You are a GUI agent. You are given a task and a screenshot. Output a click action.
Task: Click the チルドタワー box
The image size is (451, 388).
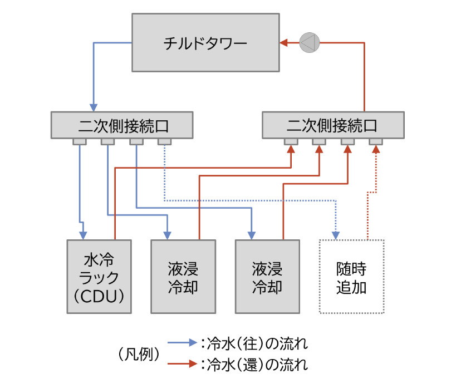[x=205, y=43]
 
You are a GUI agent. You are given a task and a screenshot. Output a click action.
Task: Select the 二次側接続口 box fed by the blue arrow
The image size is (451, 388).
[x=122, y=125]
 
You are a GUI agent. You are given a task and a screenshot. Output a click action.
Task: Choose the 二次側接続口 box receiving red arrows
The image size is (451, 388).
[x=333, y=125]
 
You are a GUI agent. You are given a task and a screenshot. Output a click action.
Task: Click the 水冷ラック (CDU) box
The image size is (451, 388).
[x=99, y=277]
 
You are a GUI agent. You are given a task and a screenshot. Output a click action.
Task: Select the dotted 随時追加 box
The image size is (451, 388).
[x=352, y=277]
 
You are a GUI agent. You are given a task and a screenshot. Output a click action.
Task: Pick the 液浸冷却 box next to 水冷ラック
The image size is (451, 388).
[x=183, y=277]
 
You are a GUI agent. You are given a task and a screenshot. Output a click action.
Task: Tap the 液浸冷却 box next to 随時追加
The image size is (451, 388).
[x=267, y=277]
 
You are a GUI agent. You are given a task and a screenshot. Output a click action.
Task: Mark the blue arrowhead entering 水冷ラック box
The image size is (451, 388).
[x=83, y=234]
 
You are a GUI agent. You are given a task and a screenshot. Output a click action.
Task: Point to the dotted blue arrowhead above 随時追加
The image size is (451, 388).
[x=336, y=234]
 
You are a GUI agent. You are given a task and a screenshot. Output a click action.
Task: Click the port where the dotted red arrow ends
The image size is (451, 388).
[x=376, y=141]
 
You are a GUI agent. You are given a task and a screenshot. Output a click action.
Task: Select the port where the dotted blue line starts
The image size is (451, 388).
[x=164, y=141]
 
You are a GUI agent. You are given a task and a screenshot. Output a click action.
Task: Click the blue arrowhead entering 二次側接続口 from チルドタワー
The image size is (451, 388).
[x=94, y=107]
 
